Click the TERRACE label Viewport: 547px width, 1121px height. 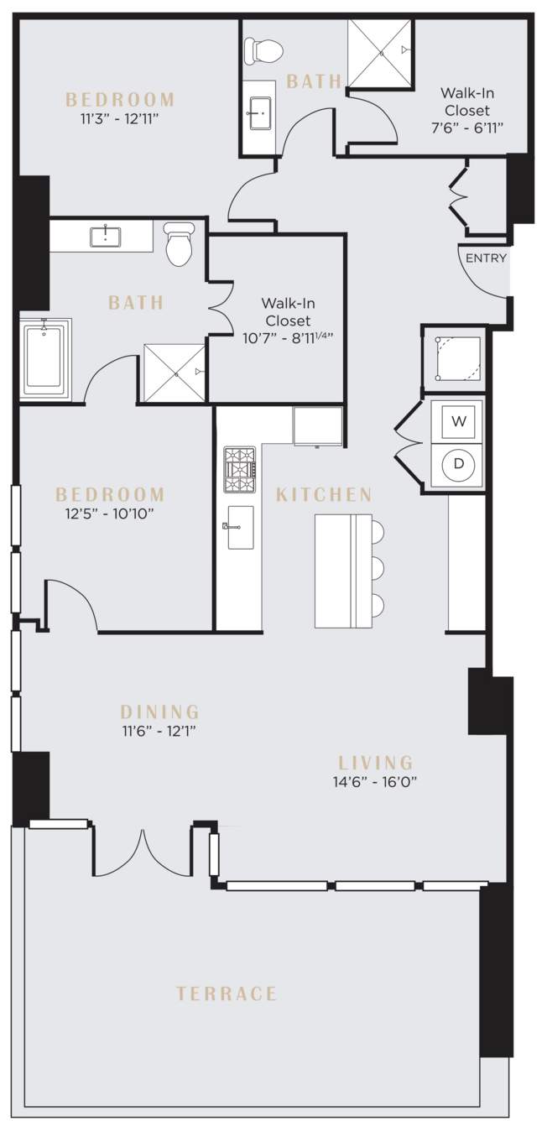point(227,993)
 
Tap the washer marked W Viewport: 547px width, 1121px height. point(458,421)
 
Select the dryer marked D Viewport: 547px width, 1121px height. point(458,464)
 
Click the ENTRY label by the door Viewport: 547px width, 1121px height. point(486,258)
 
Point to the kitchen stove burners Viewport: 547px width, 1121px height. point(240,469)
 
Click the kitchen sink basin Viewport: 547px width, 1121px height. point(241,528)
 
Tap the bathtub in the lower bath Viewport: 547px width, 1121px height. point(44,357)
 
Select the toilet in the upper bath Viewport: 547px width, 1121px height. point(263,50)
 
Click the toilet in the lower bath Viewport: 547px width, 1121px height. point(179,245)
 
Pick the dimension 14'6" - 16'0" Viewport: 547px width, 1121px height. point(375,782)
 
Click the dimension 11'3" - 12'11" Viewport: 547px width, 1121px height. point(120,119)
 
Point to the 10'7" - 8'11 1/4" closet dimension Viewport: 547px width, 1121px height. point(288,338)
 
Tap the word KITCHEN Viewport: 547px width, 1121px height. point(324,494)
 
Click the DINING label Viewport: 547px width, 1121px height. point(159,712)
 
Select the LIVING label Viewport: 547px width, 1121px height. point(375,763)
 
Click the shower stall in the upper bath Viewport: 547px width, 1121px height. point(380,53)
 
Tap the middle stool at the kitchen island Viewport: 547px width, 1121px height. point(377,568)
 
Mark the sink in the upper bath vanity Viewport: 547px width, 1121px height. point(260,113)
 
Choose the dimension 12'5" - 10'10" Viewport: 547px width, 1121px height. point(109,514)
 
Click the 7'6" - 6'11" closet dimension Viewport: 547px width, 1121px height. point(467,128)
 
